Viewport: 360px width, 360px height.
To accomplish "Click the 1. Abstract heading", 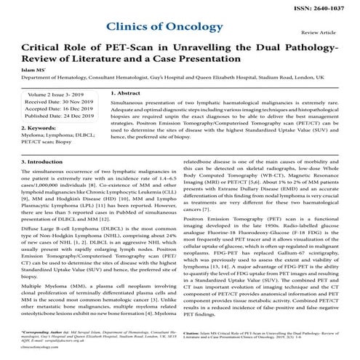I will click(131, 114).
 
